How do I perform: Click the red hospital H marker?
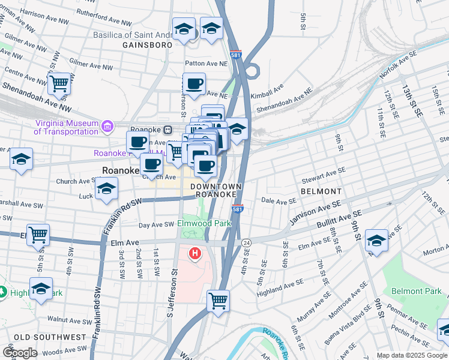pos(194,254)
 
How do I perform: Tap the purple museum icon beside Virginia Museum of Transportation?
pos(107,126)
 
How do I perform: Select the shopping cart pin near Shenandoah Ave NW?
pos(59,84)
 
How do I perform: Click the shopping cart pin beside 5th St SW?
pos(38,235)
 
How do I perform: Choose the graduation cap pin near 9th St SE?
pos(376,240)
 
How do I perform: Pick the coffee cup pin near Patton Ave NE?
pos(194,84)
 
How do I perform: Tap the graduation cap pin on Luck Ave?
pos(106,189)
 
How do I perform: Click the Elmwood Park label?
pos(204,223)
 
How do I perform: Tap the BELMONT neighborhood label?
pos(321,191)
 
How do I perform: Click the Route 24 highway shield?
pos(246,242)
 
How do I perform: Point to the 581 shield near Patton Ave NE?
pos(236,54)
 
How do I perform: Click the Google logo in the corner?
pos(20,353)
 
